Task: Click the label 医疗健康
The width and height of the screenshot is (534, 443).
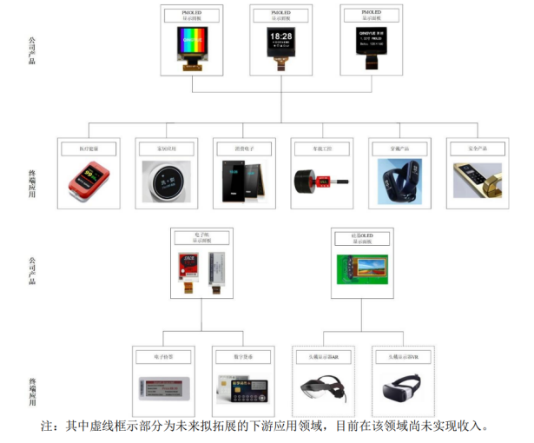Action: point(87,149)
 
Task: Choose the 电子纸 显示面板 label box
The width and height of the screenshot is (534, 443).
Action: point(201,239)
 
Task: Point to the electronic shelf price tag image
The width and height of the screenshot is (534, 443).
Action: point(162,387)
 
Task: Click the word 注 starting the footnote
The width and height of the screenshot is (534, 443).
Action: point(48,426)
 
